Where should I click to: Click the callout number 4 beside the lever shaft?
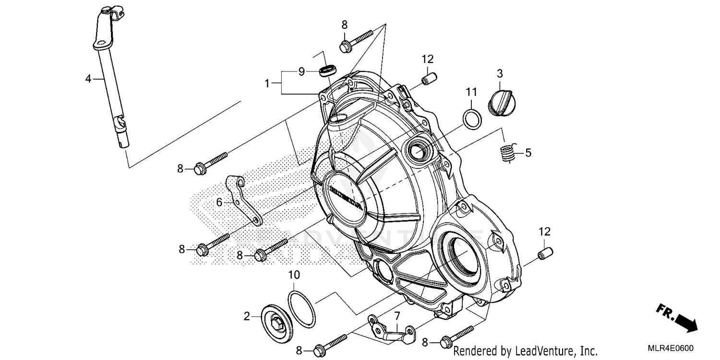pyautogui.click(x=88, y=78)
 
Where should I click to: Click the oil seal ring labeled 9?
pyautogui.click(x=327, y=71)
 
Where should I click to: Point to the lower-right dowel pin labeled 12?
pyautogui.click(x=544, y=252)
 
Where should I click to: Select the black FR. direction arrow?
pyautogui.click(x=682, y=320)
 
